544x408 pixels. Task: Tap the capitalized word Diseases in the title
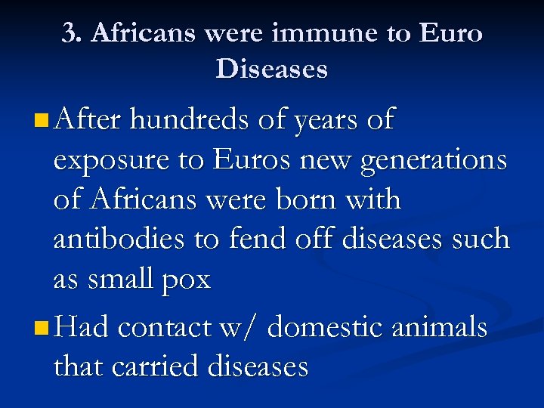click(271, 70)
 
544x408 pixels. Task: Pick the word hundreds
click(187, 119)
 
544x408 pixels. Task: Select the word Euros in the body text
click(249, 159)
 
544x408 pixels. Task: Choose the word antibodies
click(121, 240)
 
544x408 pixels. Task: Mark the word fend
click(257, 240)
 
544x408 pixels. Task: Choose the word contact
click(163, 328)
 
